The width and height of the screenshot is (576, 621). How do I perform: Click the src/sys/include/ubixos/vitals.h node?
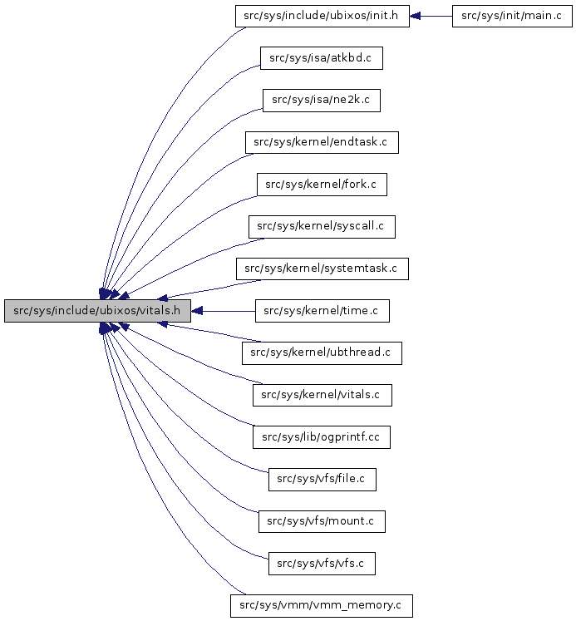98,312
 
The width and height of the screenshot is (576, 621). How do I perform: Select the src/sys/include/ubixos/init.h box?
322,17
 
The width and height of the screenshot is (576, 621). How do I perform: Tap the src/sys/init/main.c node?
512,17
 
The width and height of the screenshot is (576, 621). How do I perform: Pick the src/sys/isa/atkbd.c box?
321,58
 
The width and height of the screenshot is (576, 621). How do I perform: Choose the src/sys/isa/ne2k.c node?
321,101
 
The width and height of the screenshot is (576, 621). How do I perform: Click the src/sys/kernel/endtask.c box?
322,142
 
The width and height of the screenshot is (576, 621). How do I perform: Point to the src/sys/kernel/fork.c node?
322,185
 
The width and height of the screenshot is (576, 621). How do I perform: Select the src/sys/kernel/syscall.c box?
322,226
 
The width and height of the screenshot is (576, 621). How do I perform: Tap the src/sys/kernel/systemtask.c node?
322,269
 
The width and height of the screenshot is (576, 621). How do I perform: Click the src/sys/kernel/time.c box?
322,311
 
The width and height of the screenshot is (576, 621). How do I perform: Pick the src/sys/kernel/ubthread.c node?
322,352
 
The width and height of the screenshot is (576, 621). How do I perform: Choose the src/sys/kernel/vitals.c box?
322,395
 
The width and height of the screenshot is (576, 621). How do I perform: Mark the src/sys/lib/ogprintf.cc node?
322,436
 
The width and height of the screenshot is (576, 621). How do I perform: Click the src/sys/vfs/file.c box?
322,479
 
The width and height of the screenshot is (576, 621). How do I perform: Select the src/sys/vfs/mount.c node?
322,521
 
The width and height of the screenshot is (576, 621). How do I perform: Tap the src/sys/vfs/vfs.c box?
322,563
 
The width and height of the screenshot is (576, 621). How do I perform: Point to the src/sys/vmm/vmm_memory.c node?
322,605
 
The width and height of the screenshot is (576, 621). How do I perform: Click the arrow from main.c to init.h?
432,17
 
